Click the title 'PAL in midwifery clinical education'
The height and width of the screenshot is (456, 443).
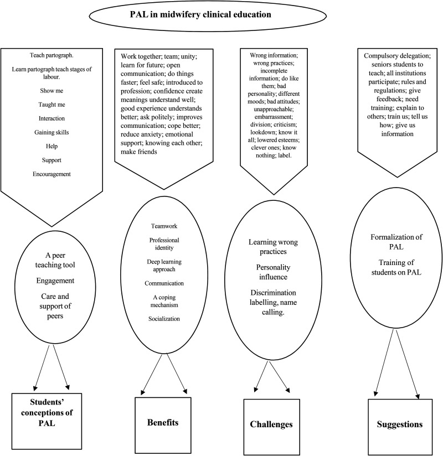[221, 15]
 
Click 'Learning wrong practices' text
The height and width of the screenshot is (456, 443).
[272, 247]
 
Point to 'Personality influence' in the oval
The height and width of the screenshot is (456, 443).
[272, 273]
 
